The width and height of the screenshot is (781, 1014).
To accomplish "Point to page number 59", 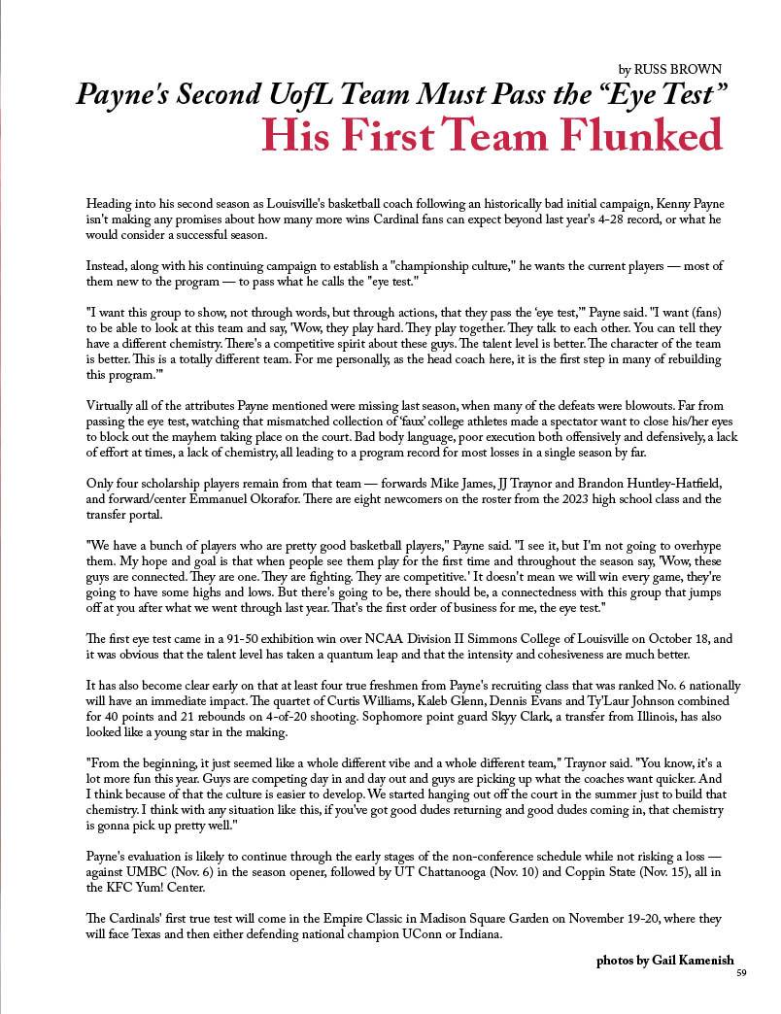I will tap(741, 973).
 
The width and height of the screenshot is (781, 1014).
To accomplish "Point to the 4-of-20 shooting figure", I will tap(276, 716).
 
